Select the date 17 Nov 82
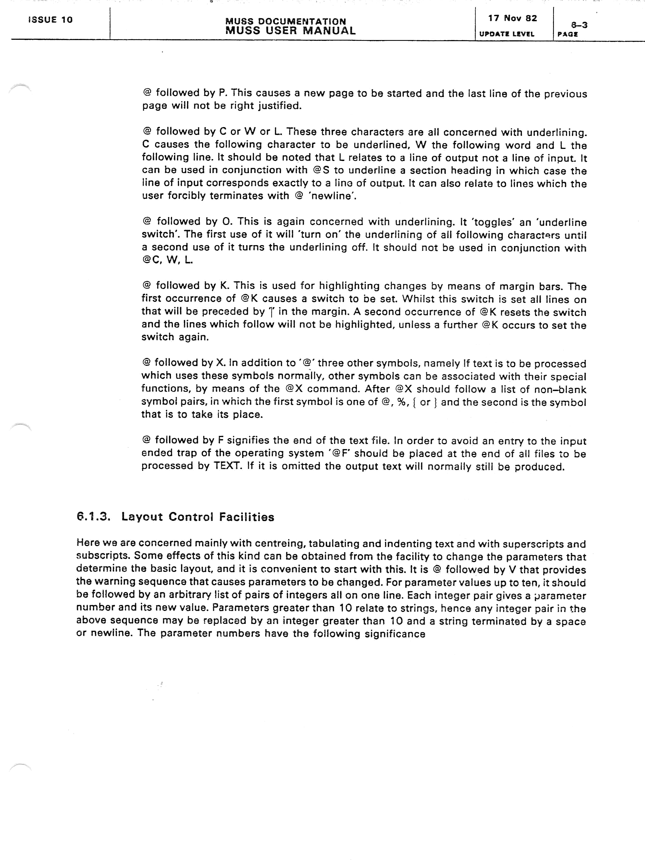coord(513,18)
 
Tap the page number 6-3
coord(579,25)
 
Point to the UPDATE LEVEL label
coord(507,34)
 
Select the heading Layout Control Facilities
coord(198,517)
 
